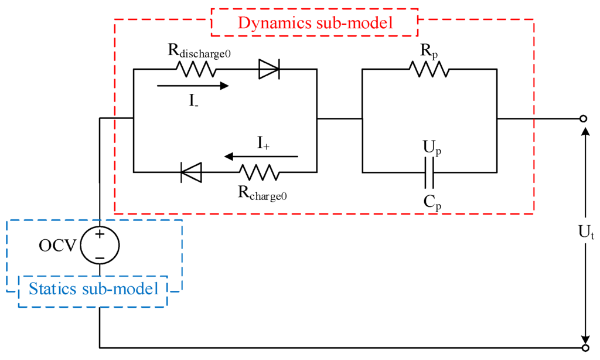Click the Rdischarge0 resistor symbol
pyautogui.click(x=196, y=69)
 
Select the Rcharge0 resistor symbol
pyautogui.click(x=258, y=172)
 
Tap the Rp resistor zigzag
pyautogui.click(x=429, y=69)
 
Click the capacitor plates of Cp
pyautogui.click(x=429, y=172)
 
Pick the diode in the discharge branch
pyautogui.click(x=269, y=69)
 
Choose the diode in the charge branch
pyautogui.click(x=190, y=172)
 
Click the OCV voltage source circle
pyautogui.click(x=100, y=245)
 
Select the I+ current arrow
pyautogui.click(x=261, y=157)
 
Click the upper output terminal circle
pyautogui.click(x=583, y=119)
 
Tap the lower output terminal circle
pyautogui.click(x=583, y=347)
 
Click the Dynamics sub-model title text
pyautogui.click(x=314, y=23)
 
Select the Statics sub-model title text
pyautogui.click(x=93, y=289)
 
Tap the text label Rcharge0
pyautogui.click(x=262, y=194)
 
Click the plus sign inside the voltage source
pyautogui.click(x=100, y=235)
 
